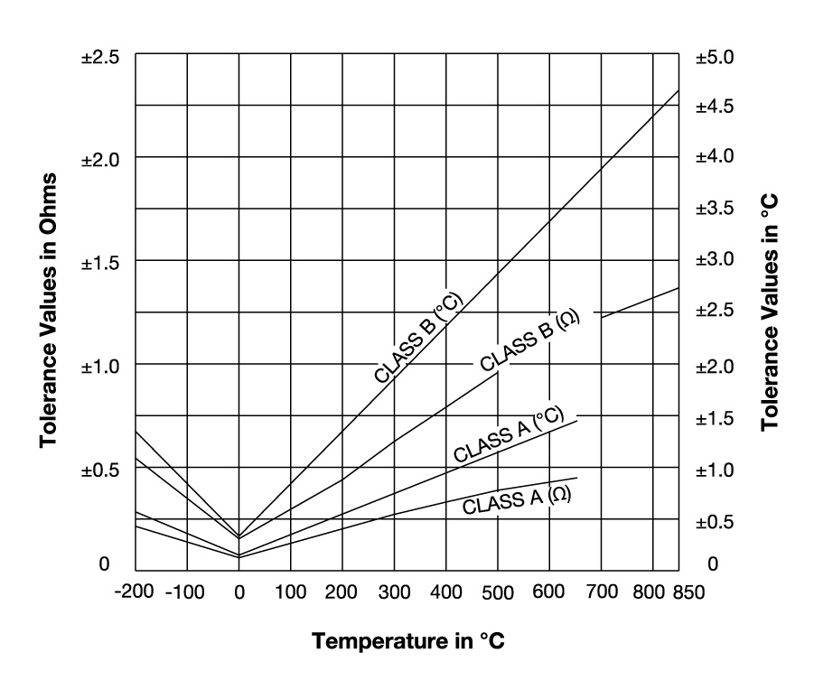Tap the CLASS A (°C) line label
click(509, 434)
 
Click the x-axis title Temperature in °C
click(408, 642)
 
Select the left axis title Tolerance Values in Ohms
click(51, 310)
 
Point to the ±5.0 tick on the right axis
click(716, 56)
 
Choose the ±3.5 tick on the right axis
click(716, 210)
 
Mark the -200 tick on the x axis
click(136, 592)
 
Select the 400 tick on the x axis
click(445, 592)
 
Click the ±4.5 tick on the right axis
click(716, 107)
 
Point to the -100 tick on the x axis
click(187, 592)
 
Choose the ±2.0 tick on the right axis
click(716, 366)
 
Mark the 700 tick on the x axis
click(602, 592)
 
